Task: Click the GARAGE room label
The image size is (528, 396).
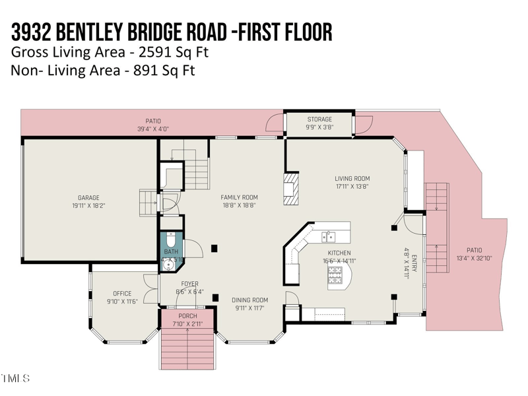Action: (88, 197)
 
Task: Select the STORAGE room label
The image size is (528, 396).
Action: (319, 119)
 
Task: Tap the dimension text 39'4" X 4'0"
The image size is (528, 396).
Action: (153, 129)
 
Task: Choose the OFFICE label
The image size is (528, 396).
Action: (122, 294)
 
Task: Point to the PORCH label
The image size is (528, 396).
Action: (187, 316)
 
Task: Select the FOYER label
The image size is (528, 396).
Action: (189, 284)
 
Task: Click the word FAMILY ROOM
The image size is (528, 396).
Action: (239, 197)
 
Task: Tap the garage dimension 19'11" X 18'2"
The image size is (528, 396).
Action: (88, 205)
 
